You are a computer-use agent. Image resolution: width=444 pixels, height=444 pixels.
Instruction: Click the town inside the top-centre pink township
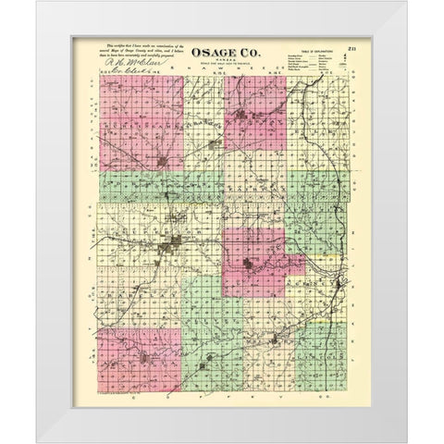tap(244, 117)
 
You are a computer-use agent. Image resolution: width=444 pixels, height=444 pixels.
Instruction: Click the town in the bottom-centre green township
tap(214, 356)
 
